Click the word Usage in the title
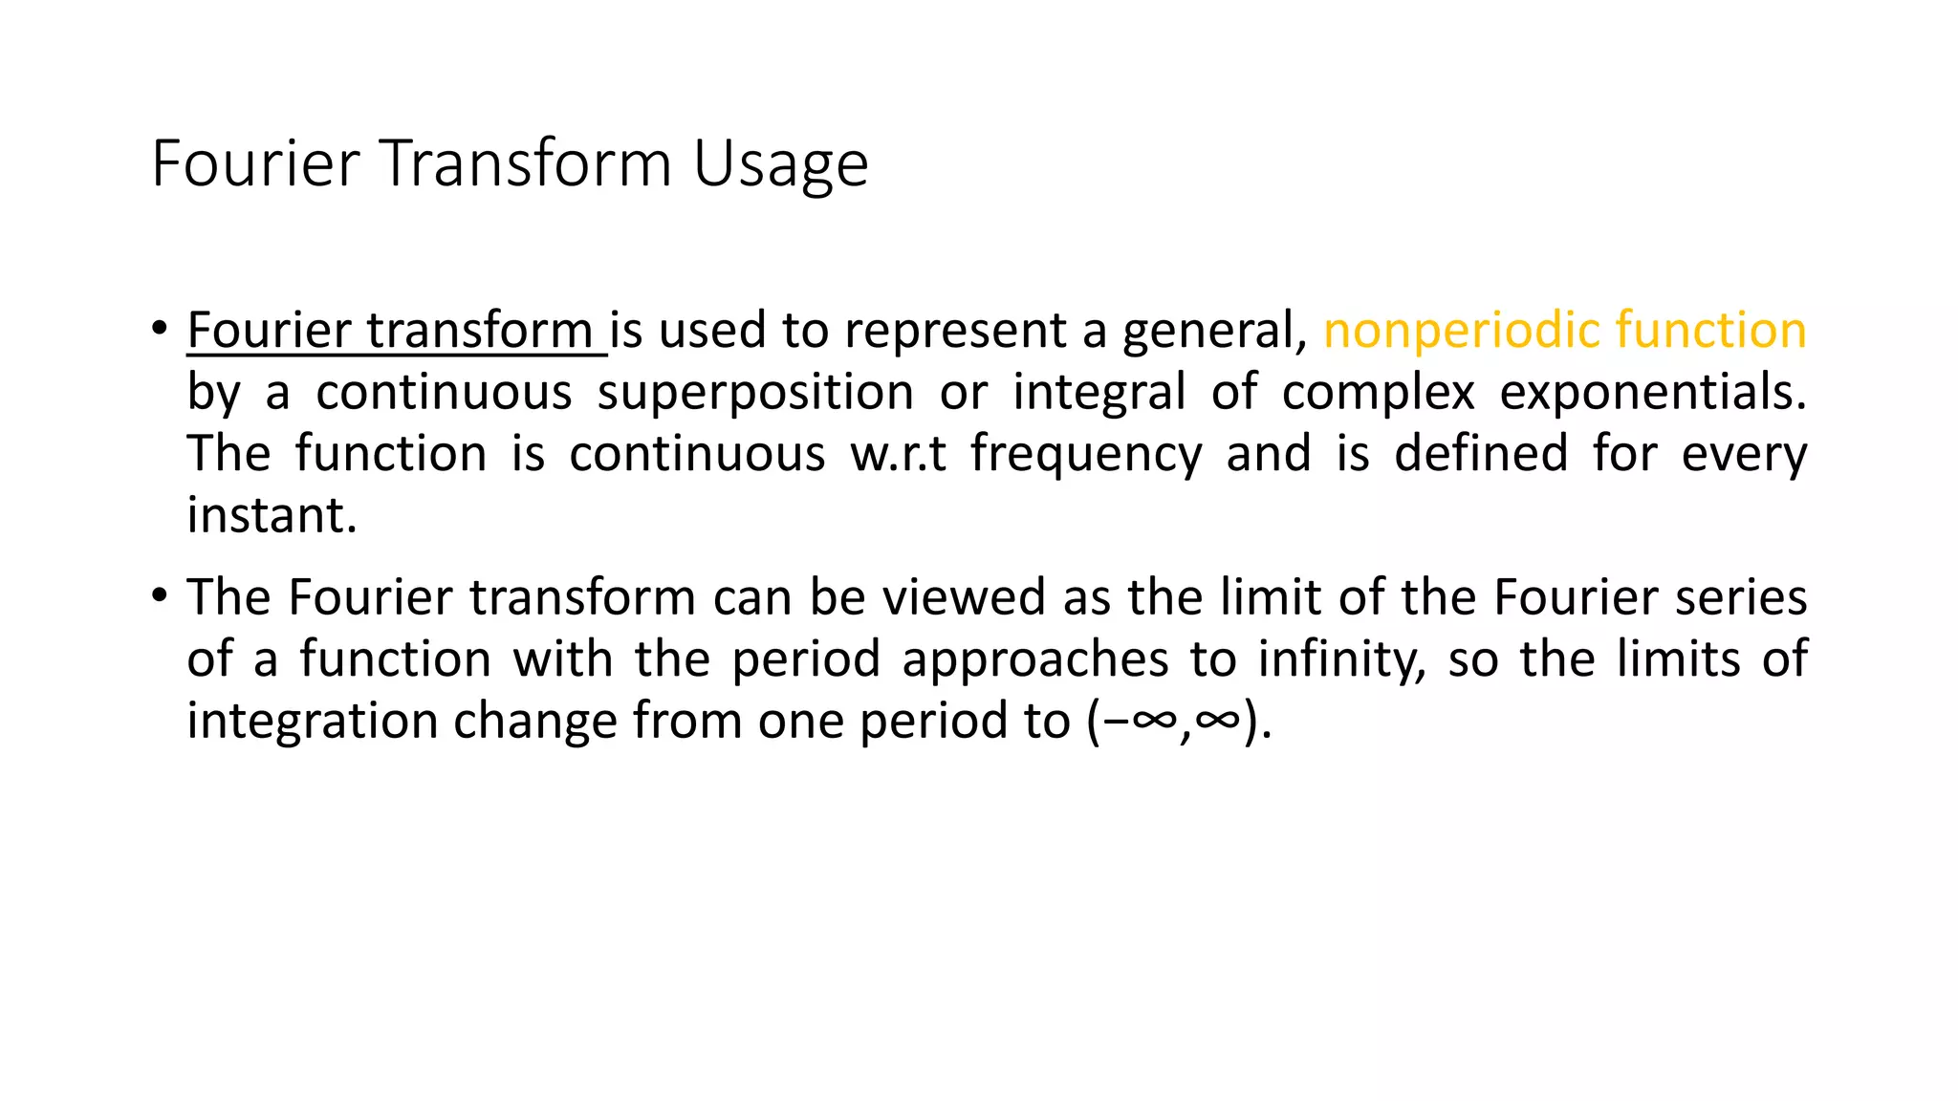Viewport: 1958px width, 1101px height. click(x=780, y=164)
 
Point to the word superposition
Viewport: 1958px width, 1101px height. click(x=755, y=393)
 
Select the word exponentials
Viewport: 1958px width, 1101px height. click(x=1652, y=393)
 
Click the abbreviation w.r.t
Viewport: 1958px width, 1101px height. click(x=898, y=454)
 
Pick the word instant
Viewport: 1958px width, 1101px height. click(x=272, y=516)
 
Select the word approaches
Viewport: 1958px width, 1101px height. click(x=1034, y=660)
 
